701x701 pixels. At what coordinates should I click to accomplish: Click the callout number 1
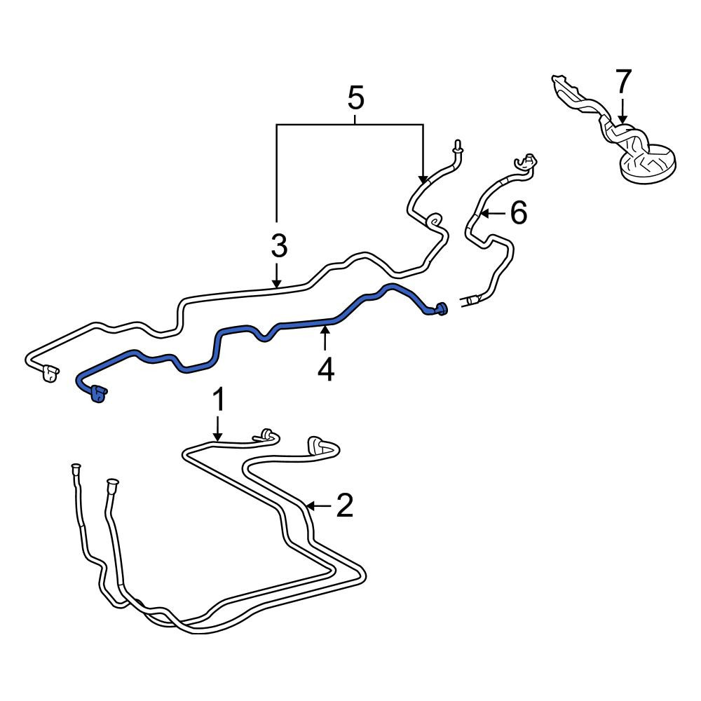218,400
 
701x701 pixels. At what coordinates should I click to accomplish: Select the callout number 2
345,505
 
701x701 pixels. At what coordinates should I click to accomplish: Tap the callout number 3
279,246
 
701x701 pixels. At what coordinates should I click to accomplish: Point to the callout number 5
356,98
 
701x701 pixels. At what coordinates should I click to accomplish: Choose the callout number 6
519,212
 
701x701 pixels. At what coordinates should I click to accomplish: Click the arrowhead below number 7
622,119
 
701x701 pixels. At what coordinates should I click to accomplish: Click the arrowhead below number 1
218,437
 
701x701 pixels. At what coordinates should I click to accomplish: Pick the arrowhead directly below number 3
277,283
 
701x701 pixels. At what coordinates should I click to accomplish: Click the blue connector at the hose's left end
98,394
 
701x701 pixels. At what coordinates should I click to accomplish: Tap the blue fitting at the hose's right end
440,308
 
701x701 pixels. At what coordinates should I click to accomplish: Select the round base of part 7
648,166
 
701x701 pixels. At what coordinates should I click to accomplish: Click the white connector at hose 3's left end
50,372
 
